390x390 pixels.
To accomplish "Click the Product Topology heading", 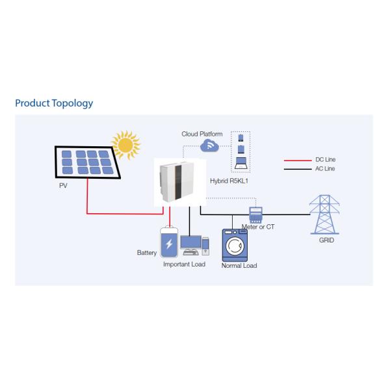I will tap(54, 103).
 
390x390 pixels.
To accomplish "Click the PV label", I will tap(63, 185).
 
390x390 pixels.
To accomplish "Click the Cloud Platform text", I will tap(201, 134).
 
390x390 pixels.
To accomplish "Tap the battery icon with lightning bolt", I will tap(170, 243).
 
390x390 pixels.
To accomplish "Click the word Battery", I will tap(147, 252).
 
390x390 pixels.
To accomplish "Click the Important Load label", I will tap(184, 265).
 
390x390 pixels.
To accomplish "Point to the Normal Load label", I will tap(239, 266).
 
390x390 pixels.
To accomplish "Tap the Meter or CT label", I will tap(259, 226).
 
